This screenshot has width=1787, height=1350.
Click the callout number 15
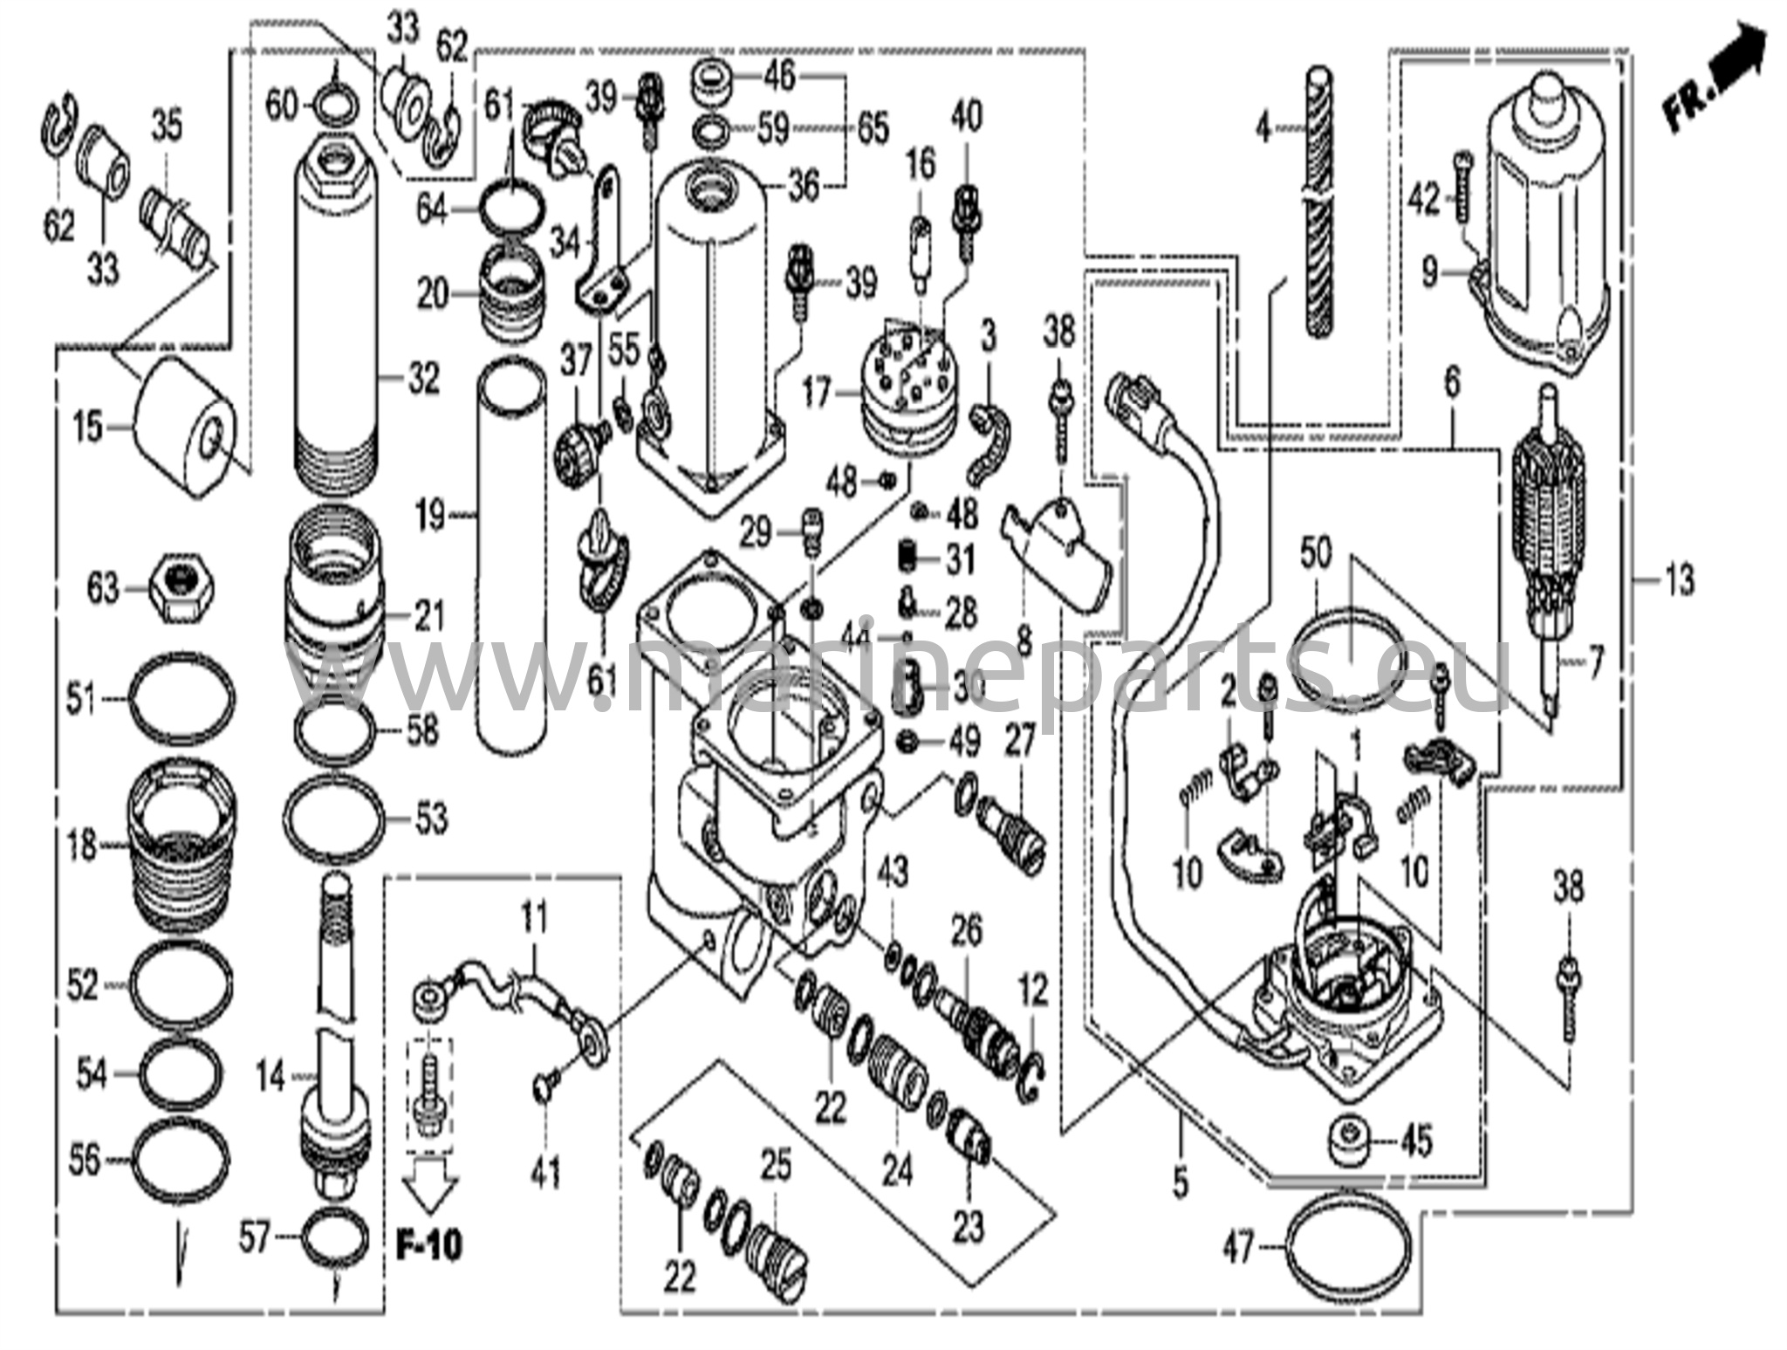[87, 428]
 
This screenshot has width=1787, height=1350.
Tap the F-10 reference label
[428, 1244]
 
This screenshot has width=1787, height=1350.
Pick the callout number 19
[430, 516]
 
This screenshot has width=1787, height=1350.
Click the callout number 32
[423, 380]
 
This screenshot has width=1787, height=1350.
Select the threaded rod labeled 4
[1319, 201]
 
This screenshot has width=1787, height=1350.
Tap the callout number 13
[1677, 579]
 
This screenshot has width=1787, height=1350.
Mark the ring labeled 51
[182, 700]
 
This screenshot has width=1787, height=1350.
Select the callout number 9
[1429, 272]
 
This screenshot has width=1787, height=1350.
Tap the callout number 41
[545, 1172]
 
